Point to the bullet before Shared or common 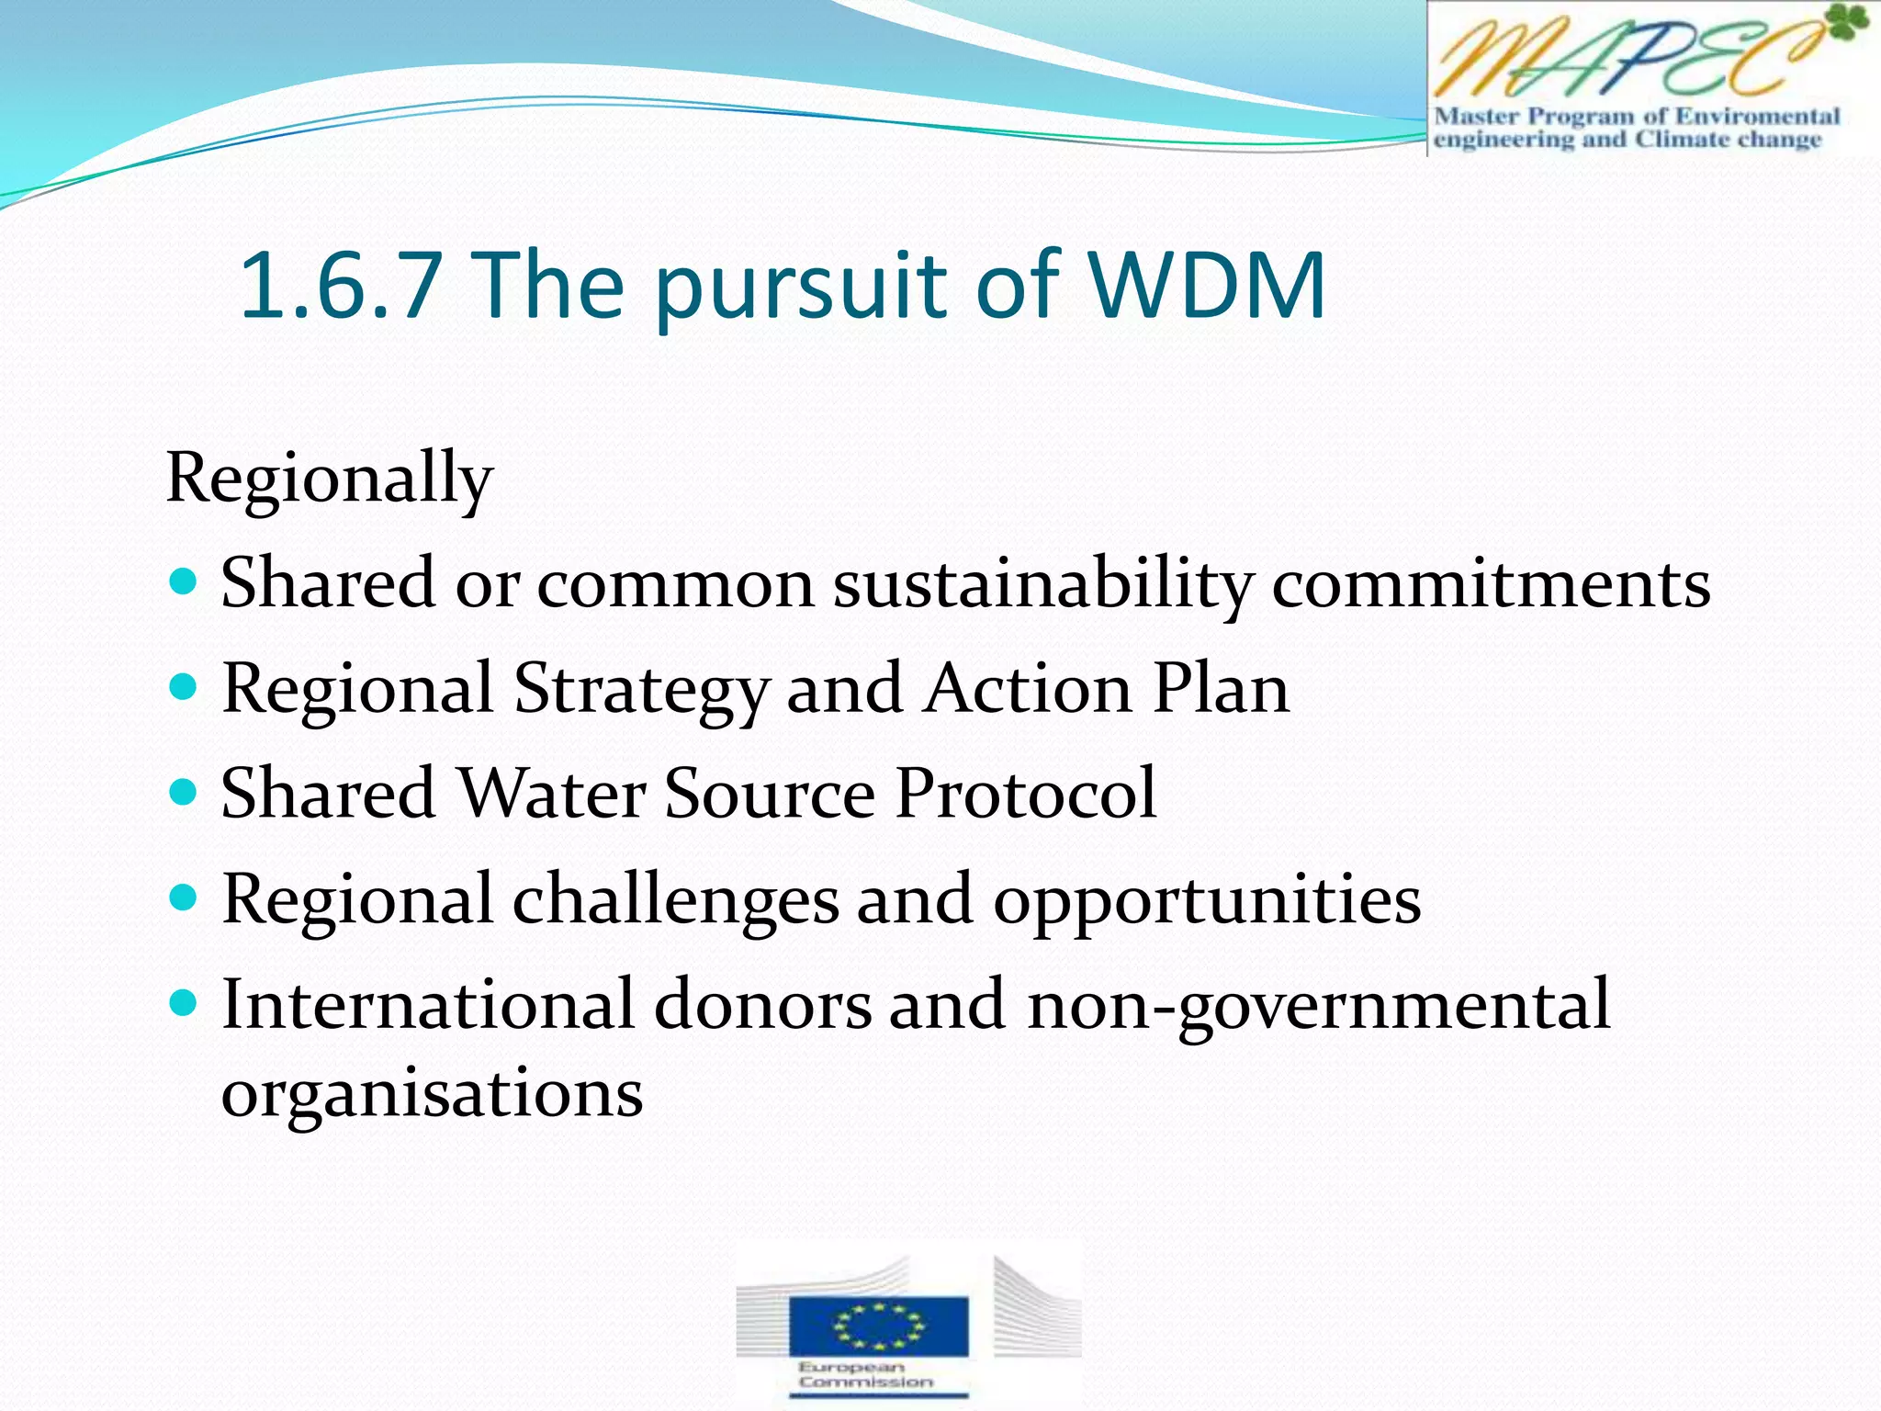pos(185,582)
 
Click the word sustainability pos(1042,584)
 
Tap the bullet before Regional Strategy pos(185,687)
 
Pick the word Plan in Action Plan pos(1221,688)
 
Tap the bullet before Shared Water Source pos(185,792)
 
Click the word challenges pos(675,900)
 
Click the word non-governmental pos(1318,1006)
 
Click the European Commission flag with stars pos(878,1326)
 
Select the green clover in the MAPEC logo pos(1846,24)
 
